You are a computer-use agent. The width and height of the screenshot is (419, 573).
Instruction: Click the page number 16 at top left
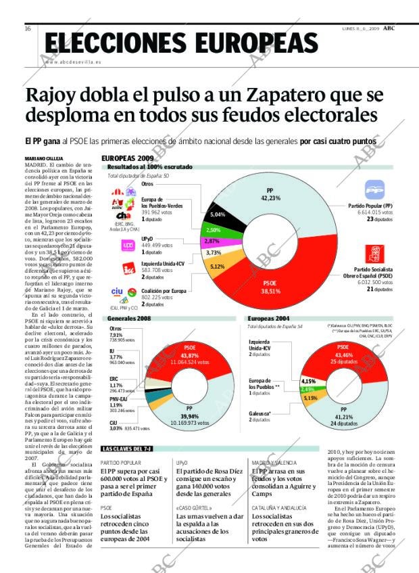(x=28, y=28)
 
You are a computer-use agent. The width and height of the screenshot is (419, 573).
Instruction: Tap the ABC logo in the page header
(x=389, y=28)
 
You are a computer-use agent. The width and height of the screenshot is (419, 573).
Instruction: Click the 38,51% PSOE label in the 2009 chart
(x=270, y=286)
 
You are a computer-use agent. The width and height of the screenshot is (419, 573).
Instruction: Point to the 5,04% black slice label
(x=217, y=214)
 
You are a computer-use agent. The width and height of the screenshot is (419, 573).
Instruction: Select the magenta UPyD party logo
(x=128, y=246)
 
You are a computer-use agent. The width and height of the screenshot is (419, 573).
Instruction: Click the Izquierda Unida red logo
(x=128, y=269)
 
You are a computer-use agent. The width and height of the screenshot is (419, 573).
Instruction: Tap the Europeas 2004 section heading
(x=269, y=318)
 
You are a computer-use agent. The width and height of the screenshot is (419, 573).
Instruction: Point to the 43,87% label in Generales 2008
(x=190, y=355)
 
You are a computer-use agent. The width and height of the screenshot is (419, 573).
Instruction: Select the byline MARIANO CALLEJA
(x=45, y=159)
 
